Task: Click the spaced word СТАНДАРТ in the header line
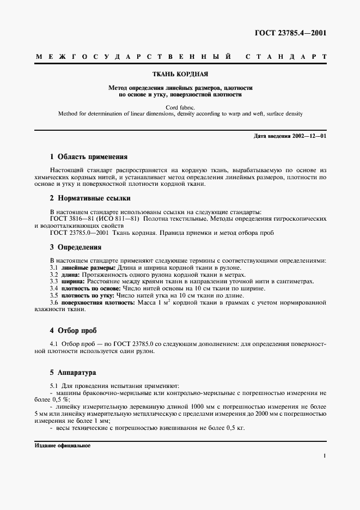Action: coord(286,56)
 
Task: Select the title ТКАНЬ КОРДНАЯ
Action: coord(180,74)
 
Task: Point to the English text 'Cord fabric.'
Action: coord(180,107)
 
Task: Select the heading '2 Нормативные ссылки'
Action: coord(90,198)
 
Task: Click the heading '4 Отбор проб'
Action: coord(73,330)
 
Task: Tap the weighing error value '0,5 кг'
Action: coord(234,428)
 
